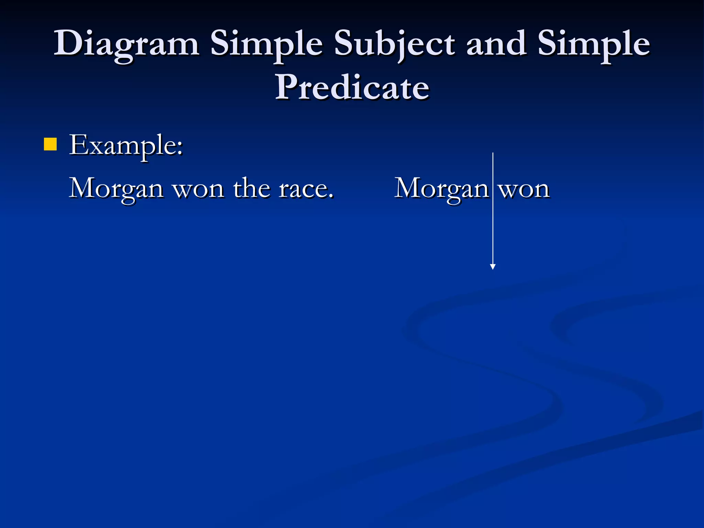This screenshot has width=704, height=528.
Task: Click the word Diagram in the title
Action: (x=126, y=44)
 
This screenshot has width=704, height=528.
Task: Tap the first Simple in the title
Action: (x=266, y=44)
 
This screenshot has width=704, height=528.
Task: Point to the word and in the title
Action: (x=496, y=43)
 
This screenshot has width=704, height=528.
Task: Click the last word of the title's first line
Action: (x=594, y=44)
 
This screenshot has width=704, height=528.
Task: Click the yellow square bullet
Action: (x=50, y=144)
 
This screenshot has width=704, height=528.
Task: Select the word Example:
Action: (x=126, y=146)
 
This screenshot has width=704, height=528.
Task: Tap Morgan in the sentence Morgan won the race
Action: (x=116, y=189)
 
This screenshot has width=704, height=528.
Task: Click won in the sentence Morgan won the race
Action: (x=198, y=189)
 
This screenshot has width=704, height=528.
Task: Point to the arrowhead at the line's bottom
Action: (x=493, y=267)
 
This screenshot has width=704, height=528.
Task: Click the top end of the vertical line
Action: (x=493, y=154)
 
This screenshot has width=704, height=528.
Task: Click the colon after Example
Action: (x=180, y=148)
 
